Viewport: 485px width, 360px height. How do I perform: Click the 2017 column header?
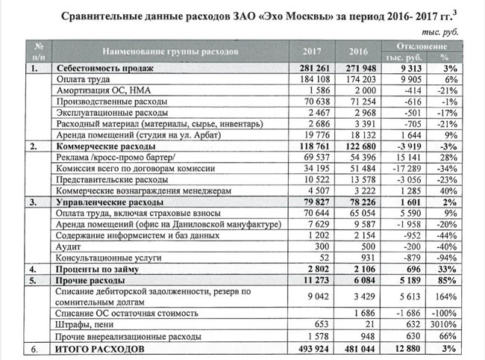coord(313,52)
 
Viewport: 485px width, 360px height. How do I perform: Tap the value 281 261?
coord(313,66)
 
